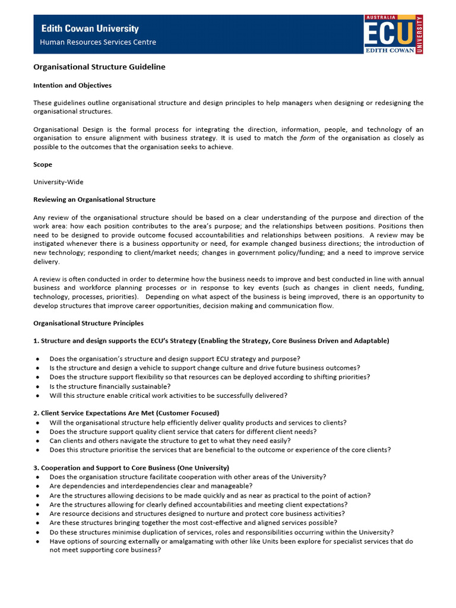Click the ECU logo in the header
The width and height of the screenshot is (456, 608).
(393, 34)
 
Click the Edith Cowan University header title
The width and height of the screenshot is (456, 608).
(89, 28)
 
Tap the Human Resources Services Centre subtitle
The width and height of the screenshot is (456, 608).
(98, 42)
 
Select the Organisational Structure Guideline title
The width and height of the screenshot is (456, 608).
(99, 67)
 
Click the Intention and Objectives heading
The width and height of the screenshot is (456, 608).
(72, 85)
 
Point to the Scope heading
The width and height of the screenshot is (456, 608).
(43, 164)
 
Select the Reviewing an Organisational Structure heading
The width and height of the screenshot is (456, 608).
(94, 199)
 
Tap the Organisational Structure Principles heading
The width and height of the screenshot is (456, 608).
(88, 324)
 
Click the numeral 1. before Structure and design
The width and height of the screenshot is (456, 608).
(36, 341)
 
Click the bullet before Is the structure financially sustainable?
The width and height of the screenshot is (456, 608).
(38, 387)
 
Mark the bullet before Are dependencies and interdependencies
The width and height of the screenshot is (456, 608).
(38, 486)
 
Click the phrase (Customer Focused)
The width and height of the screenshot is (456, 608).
(194, 413)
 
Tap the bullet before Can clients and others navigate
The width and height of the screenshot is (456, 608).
(38, 441)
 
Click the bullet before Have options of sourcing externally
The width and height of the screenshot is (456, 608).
(38, 541)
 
